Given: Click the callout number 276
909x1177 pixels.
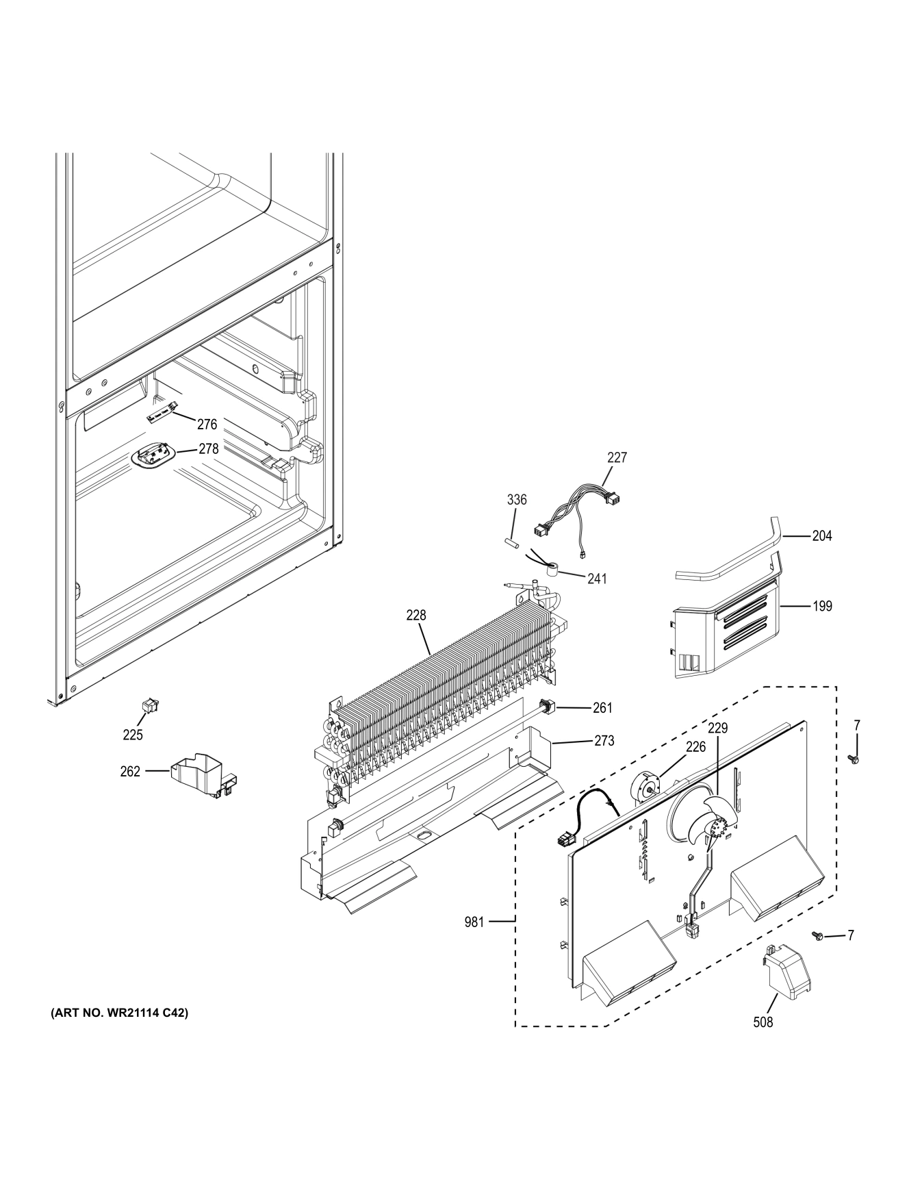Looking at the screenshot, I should click(207, 425).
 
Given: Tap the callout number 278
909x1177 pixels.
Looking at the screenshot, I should click(208, 449).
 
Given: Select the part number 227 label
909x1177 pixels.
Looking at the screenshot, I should click(617, 457).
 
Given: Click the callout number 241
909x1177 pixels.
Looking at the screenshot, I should click(597, 579).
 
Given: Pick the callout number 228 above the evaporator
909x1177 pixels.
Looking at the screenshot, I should click(415, 615).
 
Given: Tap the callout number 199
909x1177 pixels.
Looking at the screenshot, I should click(822, 606).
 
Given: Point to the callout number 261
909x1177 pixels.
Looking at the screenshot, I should click(602, 708).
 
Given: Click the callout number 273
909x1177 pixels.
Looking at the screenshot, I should click(604, 740).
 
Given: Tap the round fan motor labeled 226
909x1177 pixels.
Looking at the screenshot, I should click(647, 790).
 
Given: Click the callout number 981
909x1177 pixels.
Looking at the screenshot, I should click(474, 922).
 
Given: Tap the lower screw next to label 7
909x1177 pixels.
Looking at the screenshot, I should click(817, 935).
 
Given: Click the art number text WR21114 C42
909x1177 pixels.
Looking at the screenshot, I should click(119, 1012).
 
